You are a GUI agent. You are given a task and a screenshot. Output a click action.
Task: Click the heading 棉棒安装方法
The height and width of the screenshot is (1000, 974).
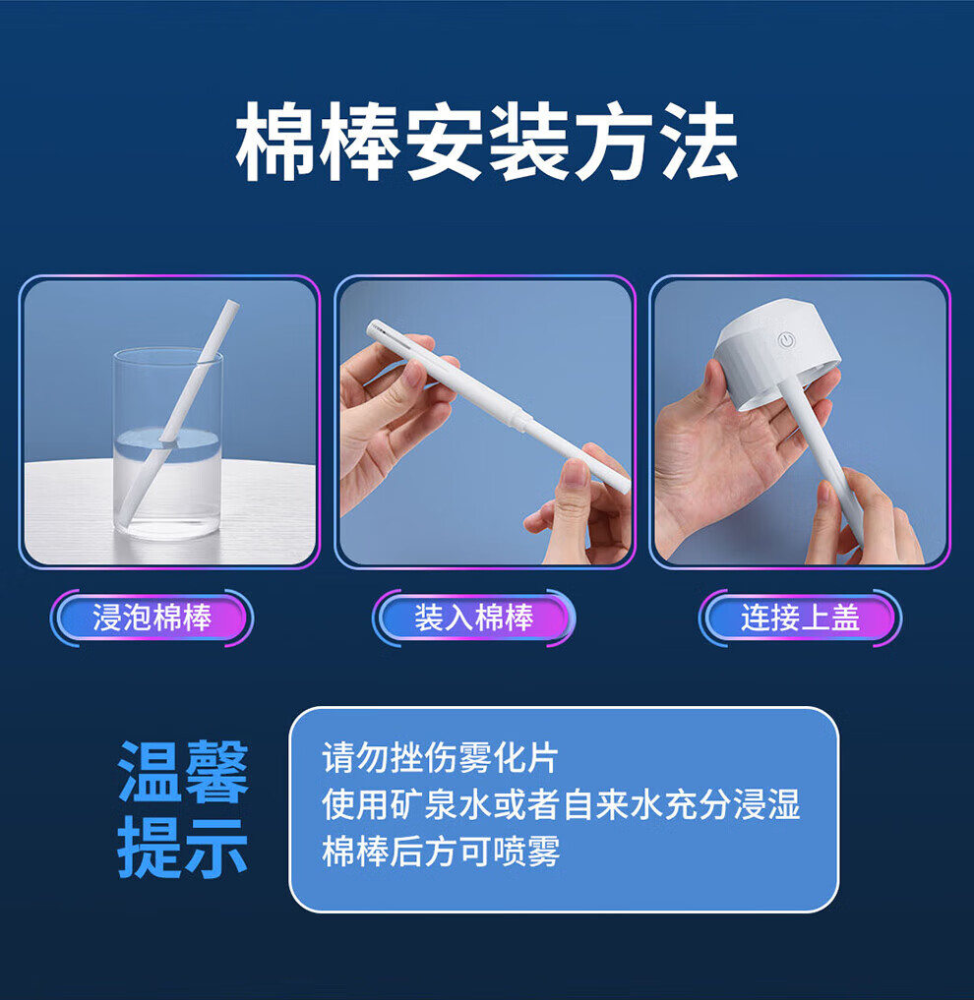pos(486,141)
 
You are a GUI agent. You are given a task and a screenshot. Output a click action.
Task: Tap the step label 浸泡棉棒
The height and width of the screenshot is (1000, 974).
pos(152,618)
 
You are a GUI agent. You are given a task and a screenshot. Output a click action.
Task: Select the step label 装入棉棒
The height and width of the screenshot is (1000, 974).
pos(473,618)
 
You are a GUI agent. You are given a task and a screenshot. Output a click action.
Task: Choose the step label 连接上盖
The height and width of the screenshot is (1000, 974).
pos(800,618)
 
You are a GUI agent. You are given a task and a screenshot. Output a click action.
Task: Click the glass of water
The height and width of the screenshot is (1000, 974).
pos(168,442)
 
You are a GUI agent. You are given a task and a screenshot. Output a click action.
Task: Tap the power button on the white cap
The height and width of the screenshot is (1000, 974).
pos(787,339)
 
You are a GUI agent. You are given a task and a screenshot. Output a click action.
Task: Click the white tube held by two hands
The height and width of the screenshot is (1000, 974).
pos(498,407)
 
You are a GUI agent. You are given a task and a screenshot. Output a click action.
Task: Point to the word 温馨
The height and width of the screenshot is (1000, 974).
pos(183,771)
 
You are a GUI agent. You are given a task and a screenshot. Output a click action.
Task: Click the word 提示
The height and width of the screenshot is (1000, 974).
pos(183,847)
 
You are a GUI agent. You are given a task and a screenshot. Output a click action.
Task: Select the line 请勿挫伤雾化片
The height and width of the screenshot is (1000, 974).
pos(440,758)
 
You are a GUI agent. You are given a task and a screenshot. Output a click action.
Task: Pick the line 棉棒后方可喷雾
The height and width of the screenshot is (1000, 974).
pos(441,851)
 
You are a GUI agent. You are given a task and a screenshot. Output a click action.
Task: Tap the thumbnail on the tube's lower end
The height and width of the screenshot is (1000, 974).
pos(577,475)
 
